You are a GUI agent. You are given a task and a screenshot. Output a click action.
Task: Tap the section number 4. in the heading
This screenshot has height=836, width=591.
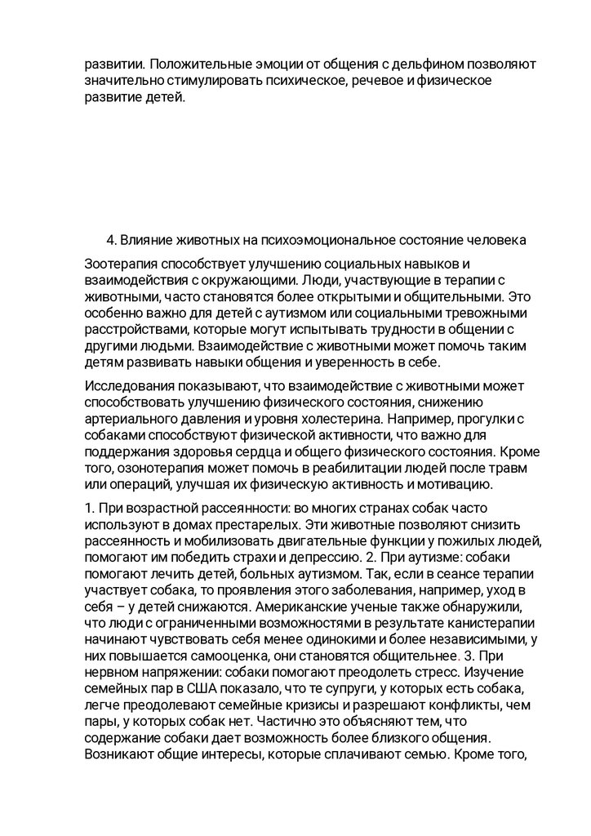[112, 240]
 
